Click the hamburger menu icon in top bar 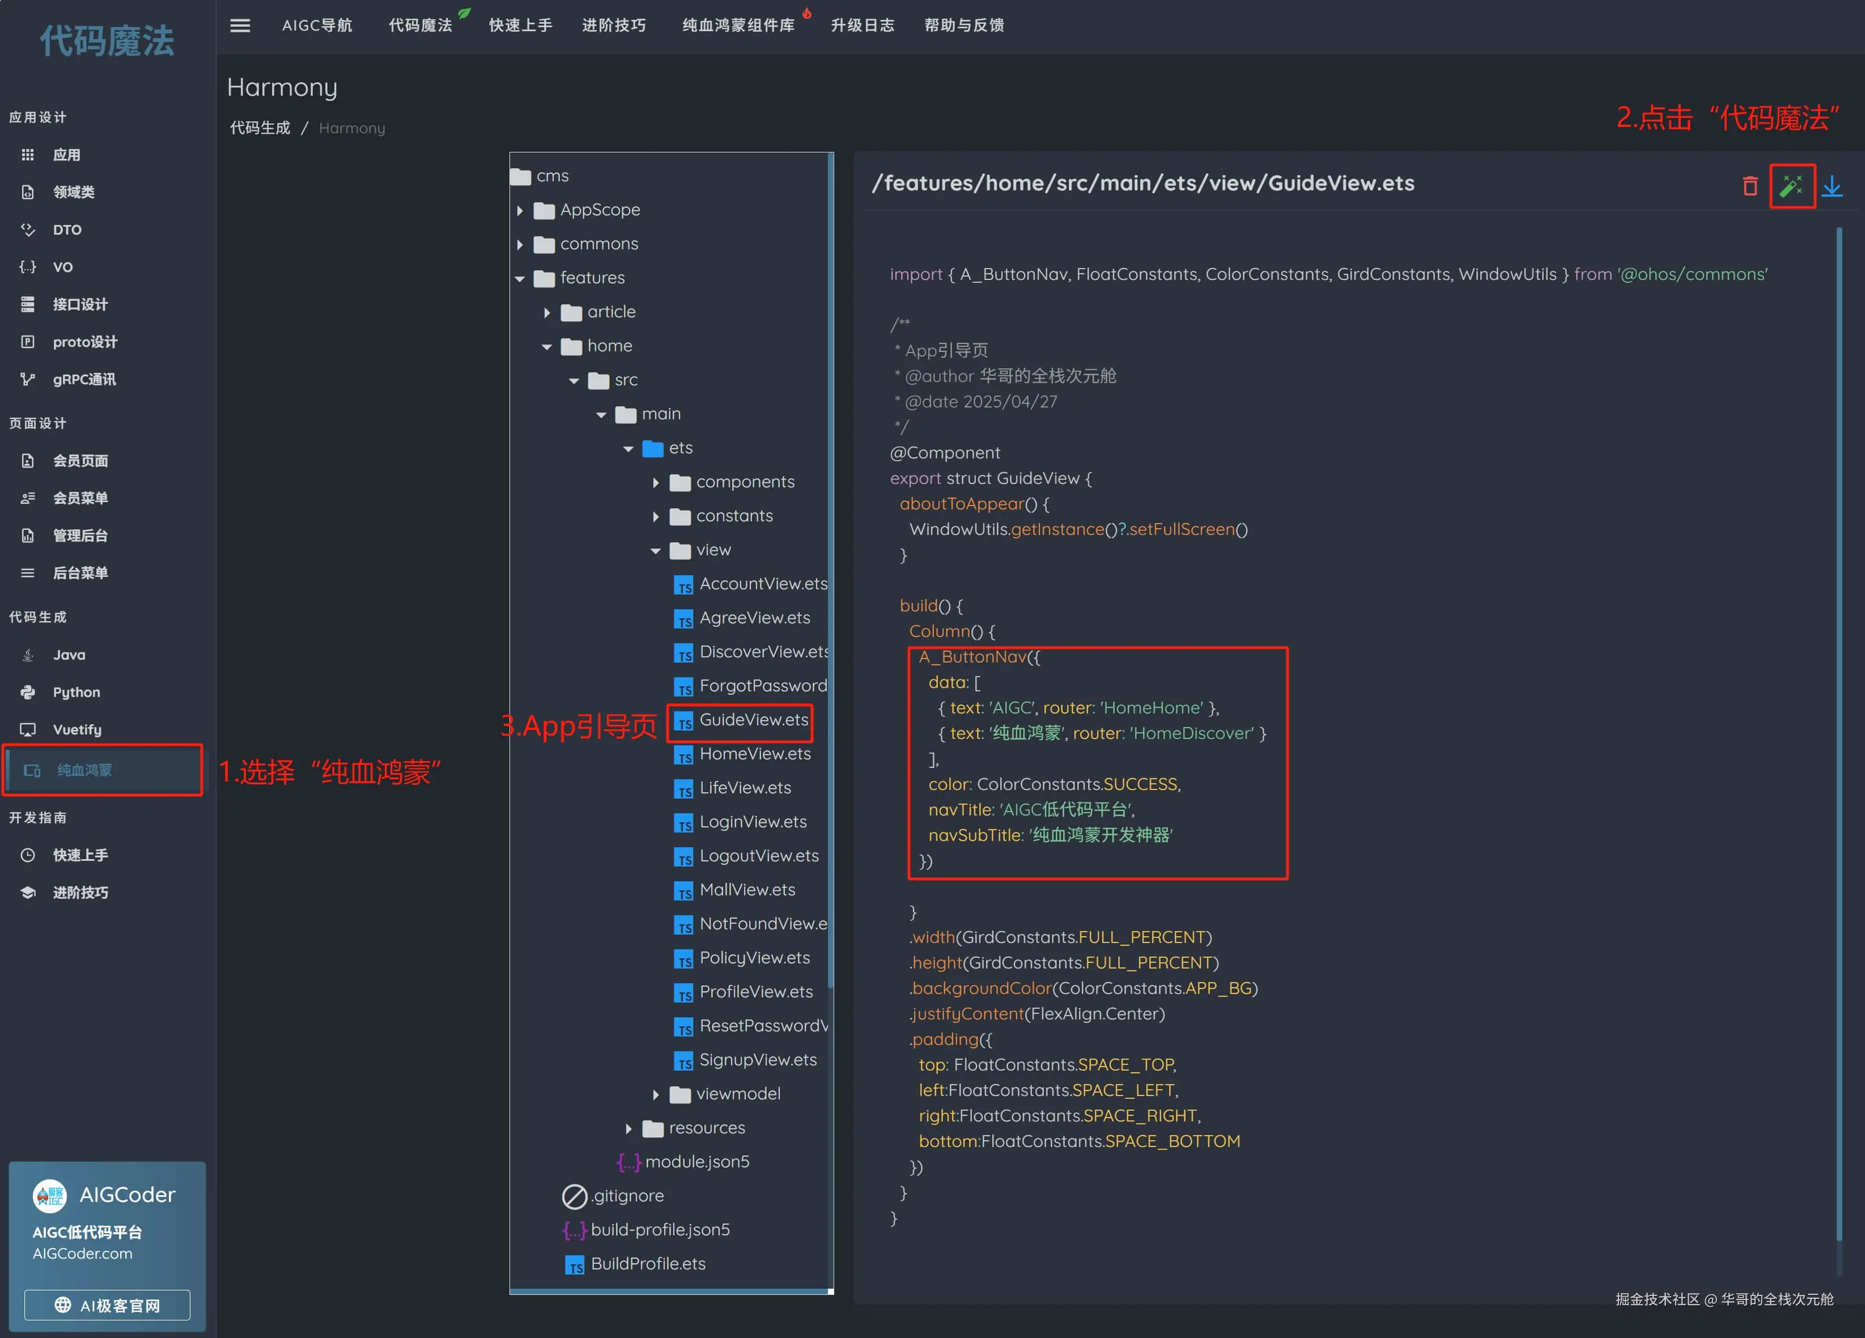pyautogui.click(x=240, y=26)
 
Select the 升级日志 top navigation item pyautogui.click(x=862, y=26)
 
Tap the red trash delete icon pyautogui.click(x=1750, y=186)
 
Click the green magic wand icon pyautogui.click(x=1791, y=186)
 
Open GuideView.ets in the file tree pyautogui.click(x=753, y=720)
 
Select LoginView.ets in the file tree pyautogui.click(x=753, y=822)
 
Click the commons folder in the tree pyautogui.click(x=598, y=244)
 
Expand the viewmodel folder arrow pyautogui.click(x=655, y=1094)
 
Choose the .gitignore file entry pyautogui.click(x=627, y=1196)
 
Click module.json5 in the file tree pyautogui.click(x=696, y=1162)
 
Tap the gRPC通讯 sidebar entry pyautogui.click(x=84, y=380)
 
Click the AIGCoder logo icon pyautogui.click(x=49, y=1196)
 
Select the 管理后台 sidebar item pyautogui.click(x=80, y=536)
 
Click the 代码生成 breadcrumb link pyautogui.click(x=260, y=128)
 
